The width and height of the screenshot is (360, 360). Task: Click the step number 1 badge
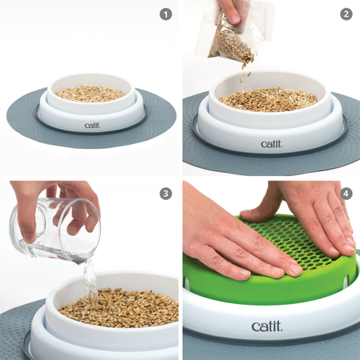click(x=166, y=14)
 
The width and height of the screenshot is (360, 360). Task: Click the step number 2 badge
click(x=346, y=14)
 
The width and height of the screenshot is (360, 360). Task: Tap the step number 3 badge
click(x=166, y=194)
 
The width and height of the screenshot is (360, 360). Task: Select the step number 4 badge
click(x=346, y=194)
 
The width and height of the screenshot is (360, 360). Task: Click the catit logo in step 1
click(x=93, y=125)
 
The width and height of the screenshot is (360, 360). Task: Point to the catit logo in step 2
click(x=271, y=144)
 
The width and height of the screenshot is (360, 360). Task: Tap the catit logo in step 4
click(x=267, y=326)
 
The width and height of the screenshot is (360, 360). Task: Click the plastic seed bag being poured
click(x=234, y=35)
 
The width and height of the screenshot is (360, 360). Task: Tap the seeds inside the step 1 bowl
click(x=90, y=94)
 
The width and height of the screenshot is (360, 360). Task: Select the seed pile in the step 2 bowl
click(x=268, y=99)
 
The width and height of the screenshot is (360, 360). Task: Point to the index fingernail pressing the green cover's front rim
click(x=244, y=273)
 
